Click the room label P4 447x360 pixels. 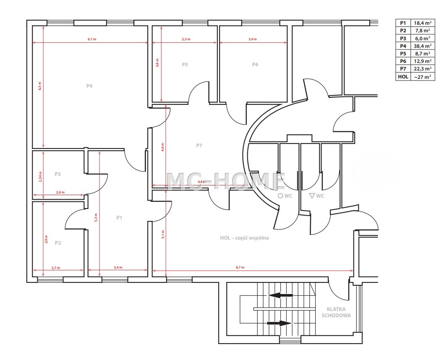(89, 86)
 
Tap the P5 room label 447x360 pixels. (185, 65)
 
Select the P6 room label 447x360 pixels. (255, 65)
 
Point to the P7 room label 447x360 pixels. (199, 145)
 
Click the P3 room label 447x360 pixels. (58, 174)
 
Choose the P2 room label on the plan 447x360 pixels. (58, 243)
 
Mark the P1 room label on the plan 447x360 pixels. (119, 217)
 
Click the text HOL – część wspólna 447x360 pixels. (244, 238)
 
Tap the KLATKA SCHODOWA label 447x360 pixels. (336, 312)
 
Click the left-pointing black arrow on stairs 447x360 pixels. (280, 295)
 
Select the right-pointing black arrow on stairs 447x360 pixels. (280, 323)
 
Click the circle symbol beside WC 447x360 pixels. (280, 196)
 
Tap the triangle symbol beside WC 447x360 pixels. (312, 196)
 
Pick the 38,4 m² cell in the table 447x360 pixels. (423, 46)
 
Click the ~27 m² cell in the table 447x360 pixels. (423, 77)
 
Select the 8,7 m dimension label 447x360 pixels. (240, 267)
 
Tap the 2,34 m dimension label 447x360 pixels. (40, 177)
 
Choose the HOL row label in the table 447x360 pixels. (403, 77)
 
